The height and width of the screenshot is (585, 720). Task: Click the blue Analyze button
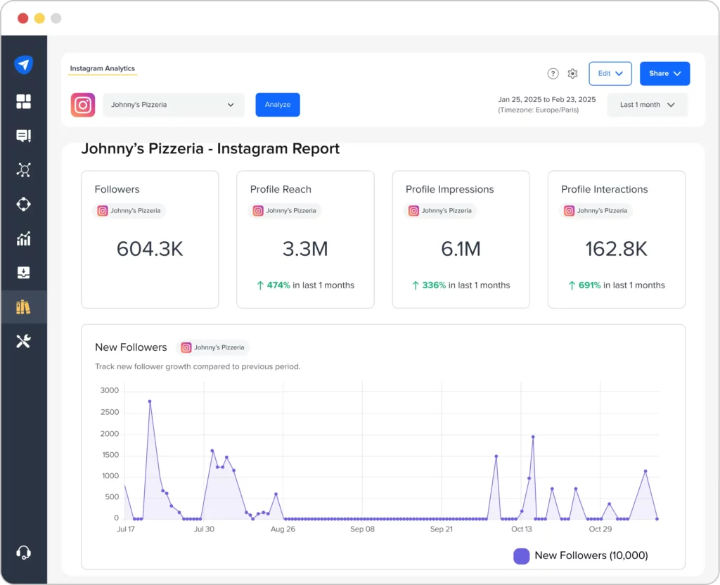(277, 105)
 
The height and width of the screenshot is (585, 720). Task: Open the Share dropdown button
(664, 73)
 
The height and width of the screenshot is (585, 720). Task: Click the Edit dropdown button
(610, 73)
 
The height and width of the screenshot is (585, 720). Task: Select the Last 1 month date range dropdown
(647, 105)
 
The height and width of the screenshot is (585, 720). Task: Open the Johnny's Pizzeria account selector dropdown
(174, 105)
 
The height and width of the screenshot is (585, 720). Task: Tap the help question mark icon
(553, 74)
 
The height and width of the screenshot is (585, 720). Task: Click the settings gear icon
(572, 74)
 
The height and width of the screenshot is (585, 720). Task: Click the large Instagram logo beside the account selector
(83, 105)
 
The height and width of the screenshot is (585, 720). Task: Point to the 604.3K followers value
(150, 249)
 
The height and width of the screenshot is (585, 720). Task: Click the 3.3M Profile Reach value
(305, 249)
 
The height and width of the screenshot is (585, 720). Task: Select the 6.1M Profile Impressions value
(461, 249)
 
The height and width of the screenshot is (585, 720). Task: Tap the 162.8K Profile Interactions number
(616, 249)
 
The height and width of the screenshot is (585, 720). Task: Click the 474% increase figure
(278, 285)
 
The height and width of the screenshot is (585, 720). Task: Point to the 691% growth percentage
(589, 285)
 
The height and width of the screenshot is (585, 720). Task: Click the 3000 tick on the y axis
(109, 390)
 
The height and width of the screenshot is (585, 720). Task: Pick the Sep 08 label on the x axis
(362, 529)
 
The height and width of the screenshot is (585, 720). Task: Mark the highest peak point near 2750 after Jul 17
(150, 401)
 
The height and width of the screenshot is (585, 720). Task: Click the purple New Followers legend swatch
(521, 555)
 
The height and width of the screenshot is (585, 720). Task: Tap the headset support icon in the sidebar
(23, 552)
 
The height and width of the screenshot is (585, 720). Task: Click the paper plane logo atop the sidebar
(23, 65)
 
